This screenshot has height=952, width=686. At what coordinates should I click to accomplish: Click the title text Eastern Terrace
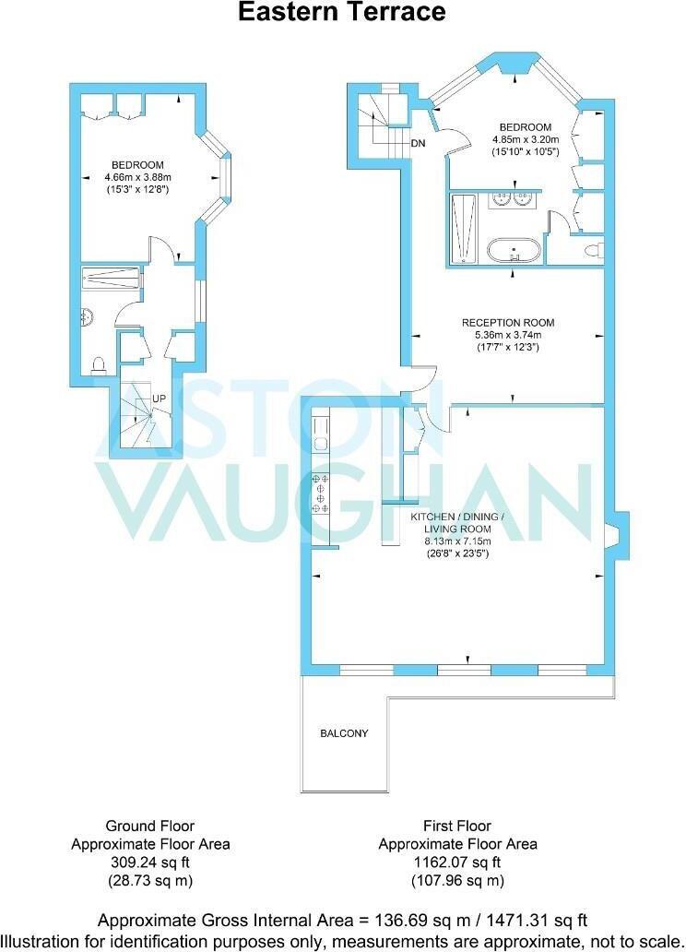click(x=342, y=13)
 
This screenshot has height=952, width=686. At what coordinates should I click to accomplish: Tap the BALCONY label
click(x=344, y=733)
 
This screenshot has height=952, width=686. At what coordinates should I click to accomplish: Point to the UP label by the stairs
click(x=160, y=399)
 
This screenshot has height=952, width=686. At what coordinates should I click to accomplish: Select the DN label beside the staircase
click(x=418, y=144)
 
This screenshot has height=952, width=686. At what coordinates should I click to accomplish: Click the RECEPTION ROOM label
click(x=508, y=323)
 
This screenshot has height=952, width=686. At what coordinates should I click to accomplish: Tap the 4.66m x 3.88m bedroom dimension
click(x=138, y=177)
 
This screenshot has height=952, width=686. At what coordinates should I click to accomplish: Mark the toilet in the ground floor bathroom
click(x=98, y=364)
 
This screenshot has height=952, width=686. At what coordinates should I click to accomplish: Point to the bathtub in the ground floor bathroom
click(x=111, y=276)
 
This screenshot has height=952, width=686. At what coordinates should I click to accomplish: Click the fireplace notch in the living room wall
click(x=612, y=535)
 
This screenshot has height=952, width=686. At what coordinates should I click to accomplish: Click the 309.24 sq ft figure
click(x=150, y=863)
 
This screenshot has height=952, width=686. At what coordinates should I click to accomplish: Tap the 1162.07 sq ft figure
click(x=457, y=863)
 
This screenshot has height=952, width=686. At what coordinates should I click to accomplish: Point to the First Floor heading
click(x=457, y=826)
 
